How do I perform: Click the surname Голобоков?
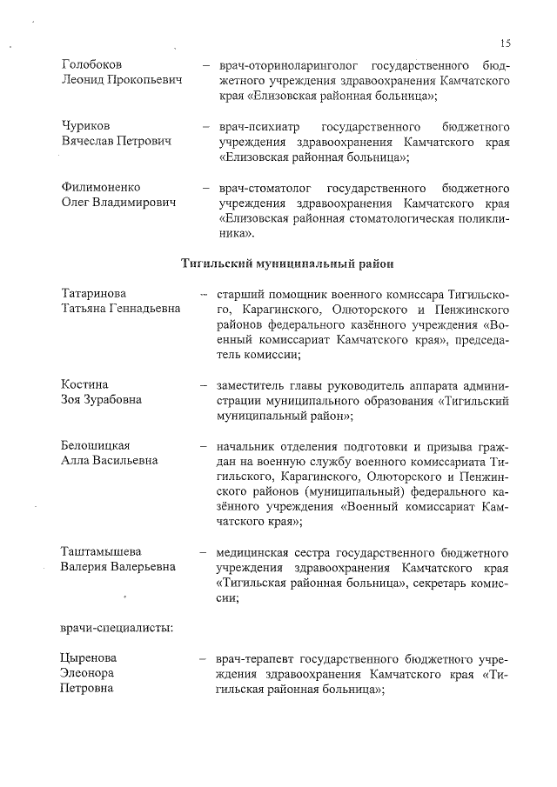[x=92, y=65]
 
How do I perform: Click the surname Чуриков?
[x=86, y=126]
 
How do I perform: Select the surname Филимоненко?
[x=101, y=188]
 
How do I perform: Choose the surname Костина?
[x=84, y=385]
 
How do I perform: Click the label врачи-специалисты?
[x=117, y=628]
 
